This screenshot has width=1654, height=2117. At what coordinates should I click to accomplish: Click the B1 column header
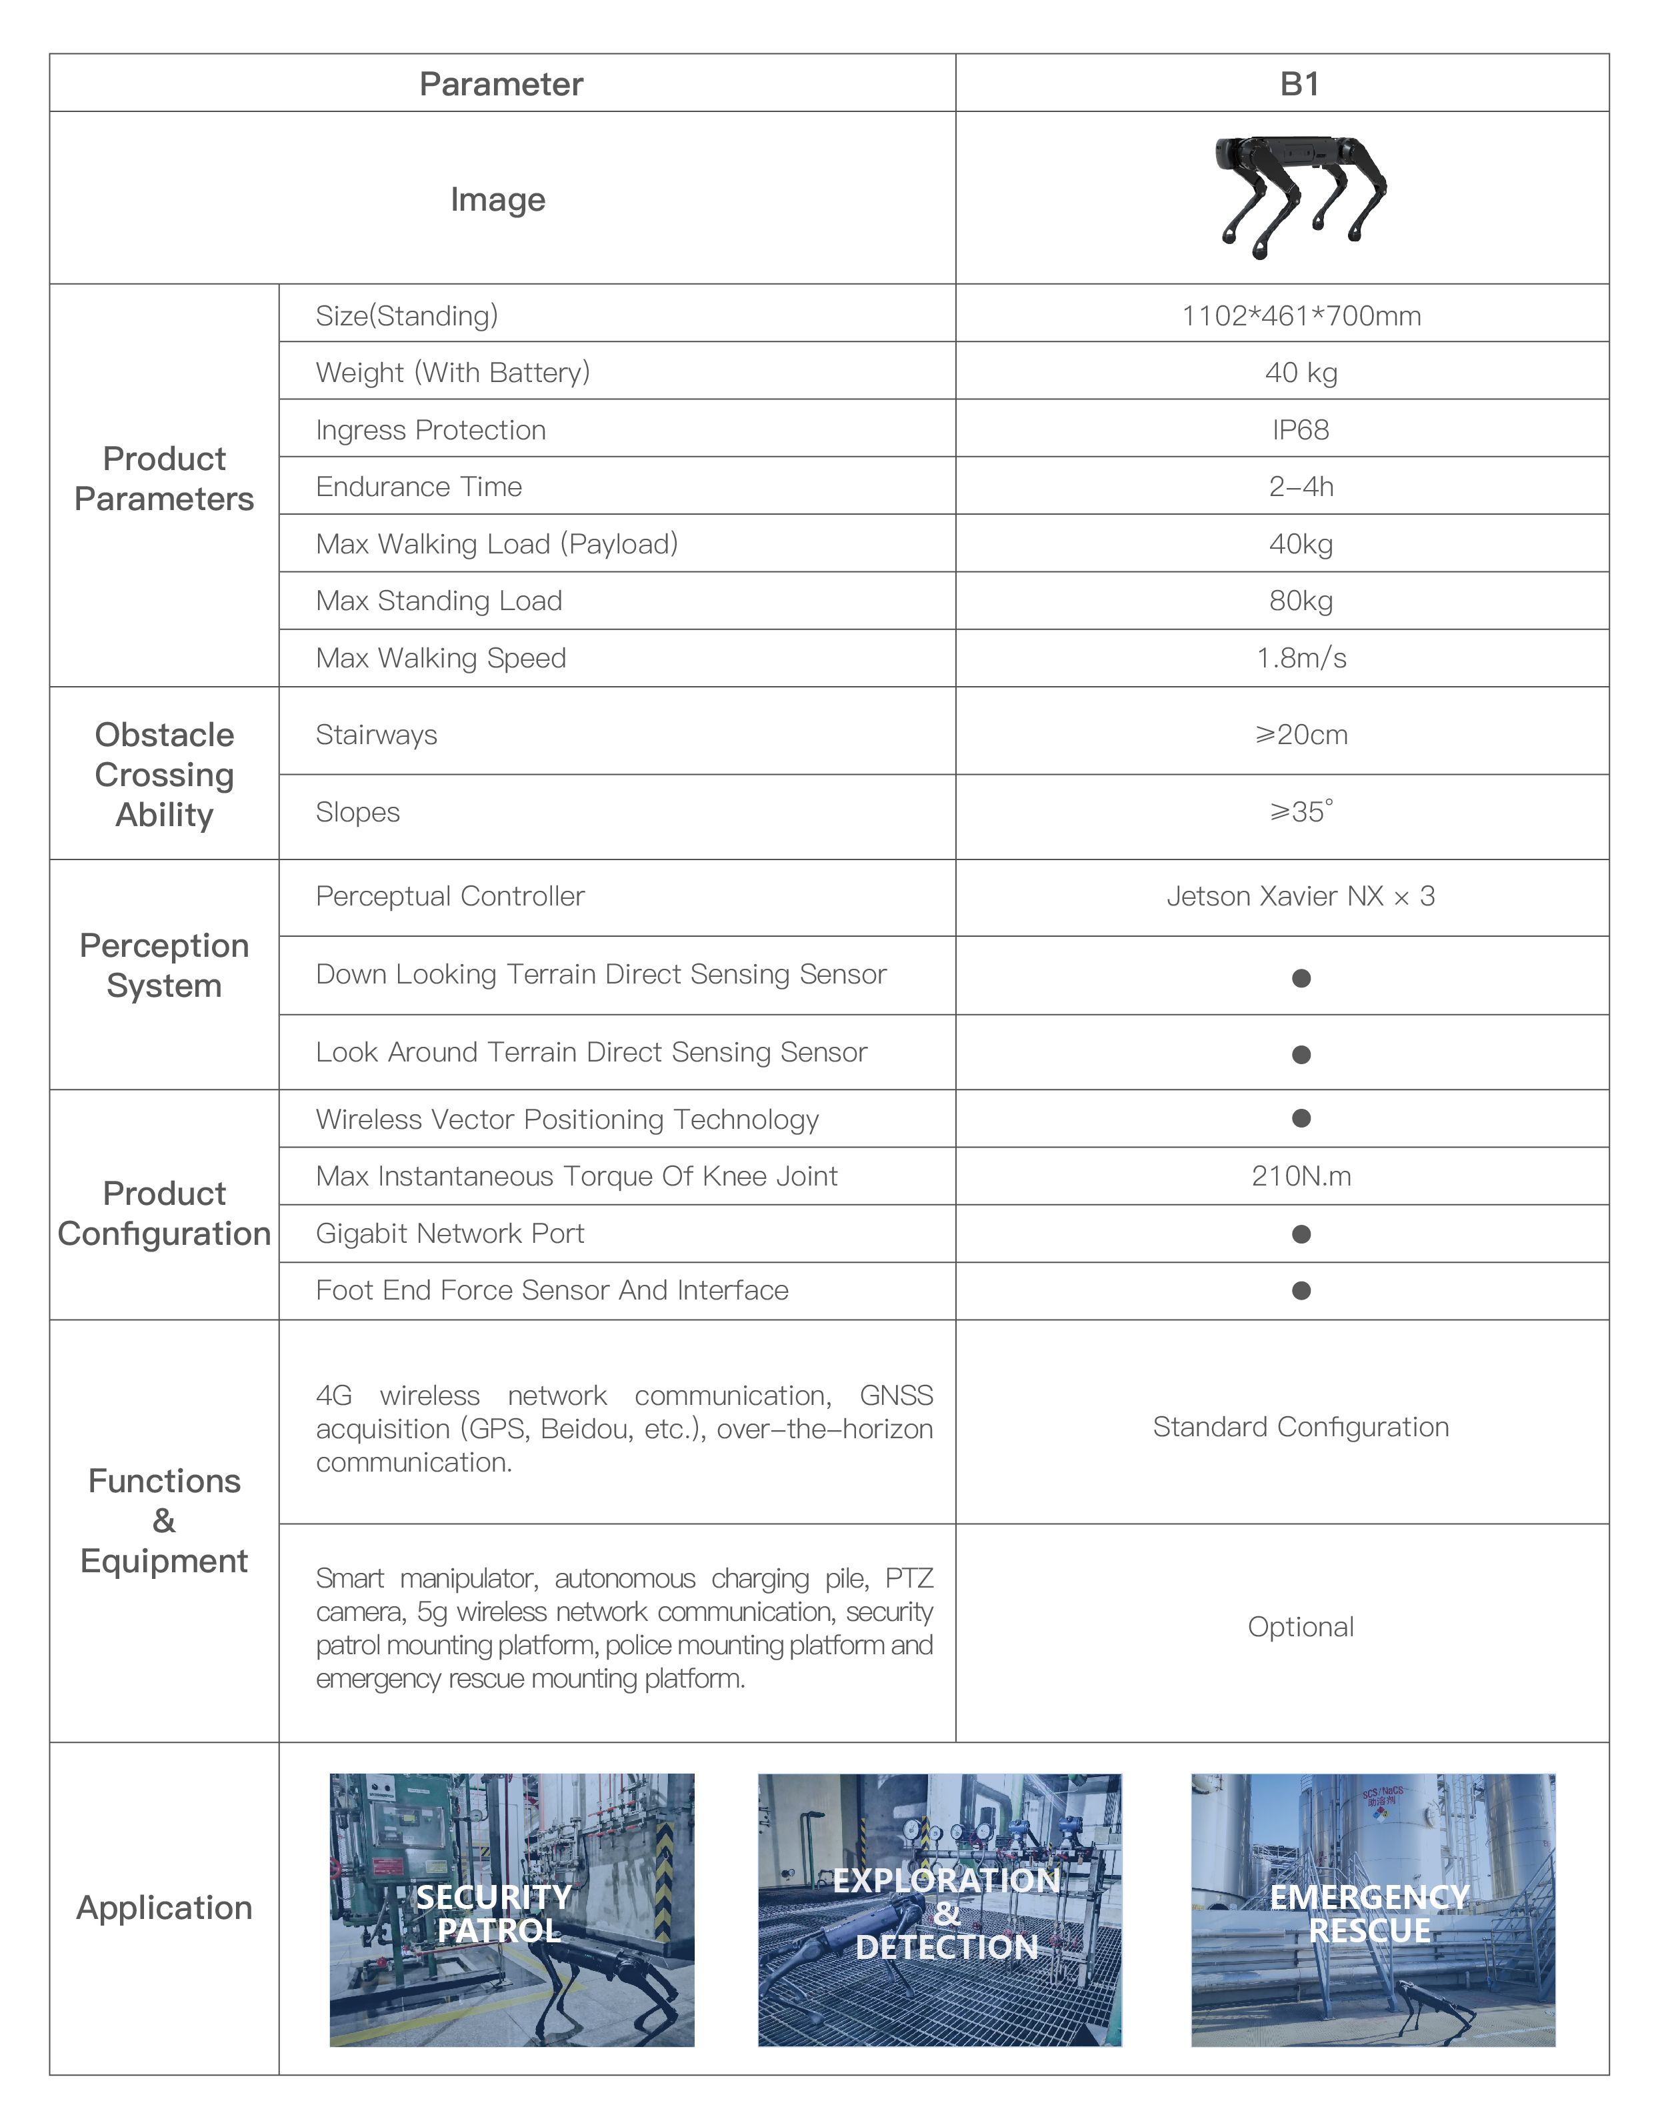pos(1299,84)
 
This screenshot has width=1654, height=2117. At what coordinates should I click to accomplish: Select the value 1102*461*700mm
pos(1300,316)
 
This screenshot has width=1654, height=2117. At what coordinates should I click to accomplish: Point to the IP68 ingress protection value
pos(1300,429)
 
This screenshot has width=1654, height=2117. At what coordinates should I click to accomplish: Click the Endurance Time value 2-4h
pos(1300,487)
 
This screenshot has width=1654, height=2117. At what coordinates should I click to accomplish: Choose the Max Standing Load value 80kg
pos(1300,601)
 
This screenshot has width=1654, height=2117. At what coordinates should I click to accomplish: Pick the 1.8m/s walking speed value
pos(1300,658)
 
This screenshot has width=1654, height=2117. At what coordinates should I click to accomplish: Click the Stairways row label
pos(376,735)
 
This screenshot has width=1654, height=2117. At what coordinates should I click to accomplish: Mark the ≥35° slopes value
pos(1300,811)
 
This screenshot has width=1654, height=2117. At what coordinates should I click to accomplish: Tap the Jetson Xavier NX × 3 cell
pos(1300,897)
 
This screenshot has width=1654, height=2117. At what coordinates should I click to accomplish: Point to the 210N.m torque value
pos(1300,1176)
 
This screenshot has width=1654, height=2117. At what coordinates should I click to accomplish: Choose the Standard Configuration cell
pos(1300,1427)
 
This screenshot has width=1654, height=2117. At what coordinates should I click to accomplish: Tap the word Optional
pos(1300,1626)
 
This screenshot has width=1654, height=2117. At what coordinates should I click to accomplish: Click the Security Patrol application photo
pos(511,1910)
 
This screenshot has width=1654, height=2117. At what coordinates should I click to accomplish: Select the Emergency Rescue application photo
pos(1372,1910)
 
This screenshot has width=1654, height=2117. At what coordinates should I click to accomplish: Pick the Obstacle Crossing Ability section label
pos(165,775)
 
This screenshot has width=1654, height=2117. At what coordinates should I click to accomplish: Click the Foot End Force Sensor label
pos(551,1290)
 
